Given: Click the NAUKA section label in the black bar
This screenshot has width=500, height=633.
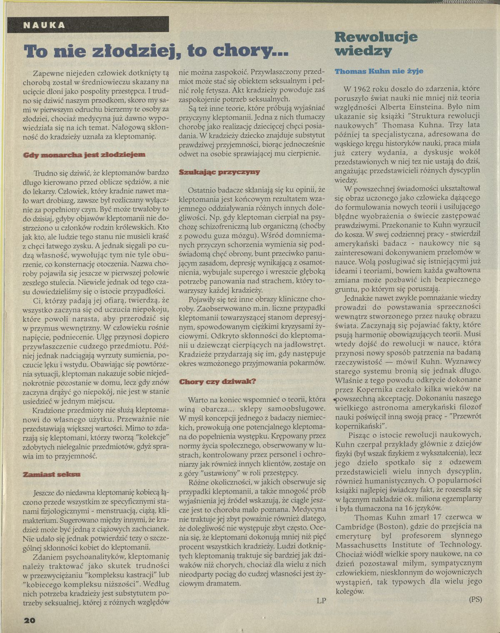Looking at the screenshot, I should click(44, 25).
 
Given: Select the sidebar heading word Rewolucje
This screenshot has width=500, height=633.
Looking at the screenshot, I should click(376, 37).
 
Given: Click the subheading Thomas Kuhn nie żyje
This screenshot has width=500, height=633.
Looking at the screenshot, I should click(379, 71).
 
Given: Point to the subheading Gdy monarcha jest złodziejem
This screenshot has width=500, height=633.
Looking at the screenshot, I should click(85, 155).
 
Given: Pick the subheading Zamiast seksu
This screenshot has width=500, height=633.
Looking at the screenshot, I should click(52, 474).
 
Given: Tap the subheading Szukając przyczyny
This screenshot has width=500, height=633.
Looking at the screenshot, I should click(219, 172).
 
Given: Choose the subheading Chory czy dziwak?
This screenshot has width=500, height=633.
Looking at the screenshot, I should click(217, 381).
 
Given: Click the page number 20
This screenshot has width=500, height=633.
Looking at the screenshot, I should click(30, 620).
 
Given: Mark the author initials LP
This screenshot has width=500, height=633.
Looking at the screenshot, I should click(321, 601).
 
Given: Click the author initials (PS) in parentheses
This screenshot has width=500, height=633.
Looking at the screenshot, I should click(475, 599).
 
